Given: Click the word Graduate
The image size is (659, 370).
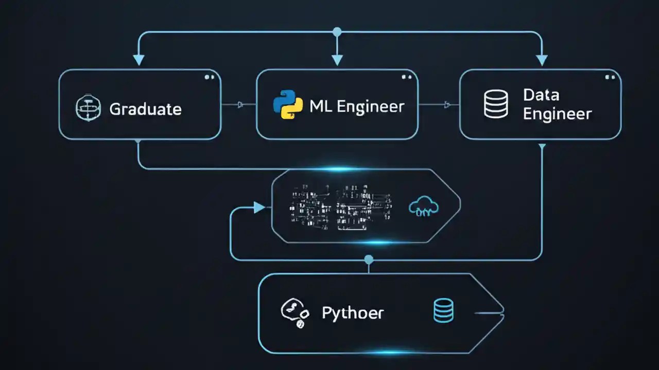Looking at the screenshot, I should point(145,109).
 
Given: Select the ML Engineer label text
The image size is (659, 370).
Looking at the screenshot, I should point(357,106).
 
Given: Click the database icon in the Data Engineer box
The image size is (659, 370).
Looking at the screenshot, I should point(496,104).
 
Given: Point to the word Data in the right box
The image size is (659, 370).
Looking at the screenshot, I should point(541,95).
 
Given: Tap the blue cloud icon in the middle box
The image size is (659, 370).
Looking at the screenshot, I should point(423,207).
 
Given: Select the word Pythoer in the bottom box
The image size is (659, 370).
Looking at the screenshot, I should point(353,312).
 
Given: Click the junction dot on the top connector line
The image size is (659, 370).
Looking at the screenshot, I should point(337,32).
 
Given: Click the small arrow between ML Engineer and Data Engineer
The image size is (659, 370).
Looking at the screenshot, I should point(447,105).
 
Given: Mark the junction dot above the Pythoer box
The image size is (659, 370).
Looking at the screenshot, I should point(368,260).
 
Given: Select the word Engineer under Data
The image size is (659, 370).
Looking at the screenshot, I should point(557,114).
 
